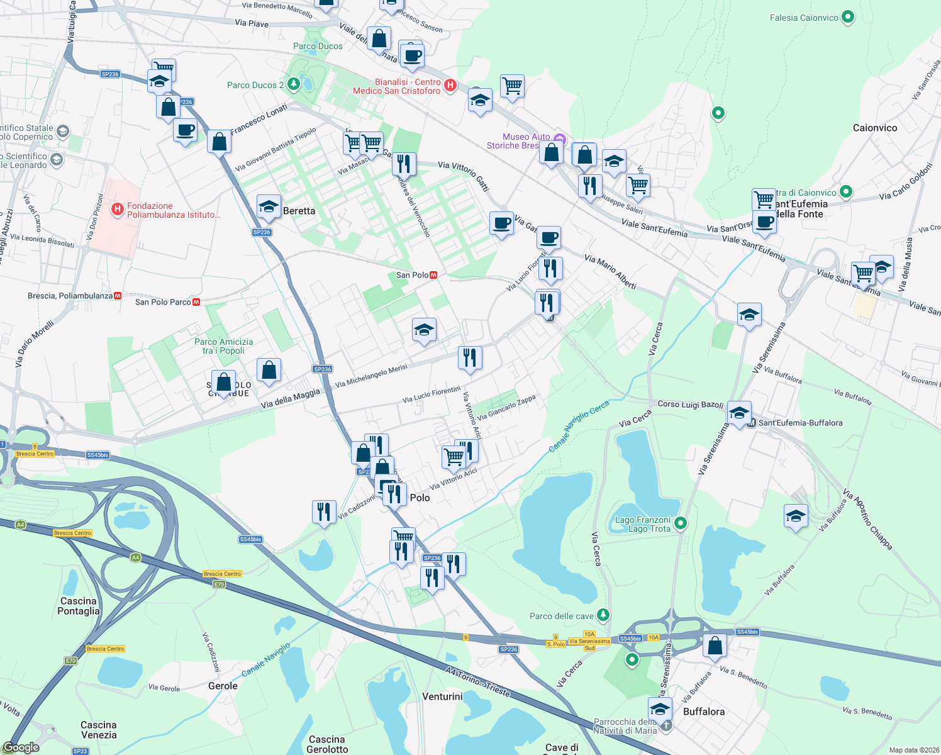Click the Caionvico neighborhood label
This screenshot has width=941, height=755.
click(874, 128)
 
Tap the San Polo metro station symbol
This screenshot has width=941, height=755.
click(433, 275)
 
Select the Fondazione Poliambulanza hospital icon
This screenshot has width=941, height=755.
click(117, 210)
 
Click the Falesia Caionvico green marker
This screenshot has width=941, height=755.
click(847, 18)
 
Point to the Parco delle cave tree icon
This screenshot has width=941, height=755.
click(603, 614)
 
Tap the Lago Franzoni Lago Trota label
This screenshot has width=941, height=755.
click(642, 524)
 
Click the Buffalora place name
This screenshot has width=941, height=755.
click(703, 712)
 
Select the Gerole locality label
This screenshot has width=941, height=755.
click(223, 686)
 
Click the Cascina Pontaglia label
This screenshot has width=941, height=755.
click(79, 606)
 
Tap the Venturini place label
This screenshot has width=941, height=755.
click(442, 696)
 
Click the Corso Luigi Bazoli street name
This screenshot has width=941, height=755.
click(690, 404)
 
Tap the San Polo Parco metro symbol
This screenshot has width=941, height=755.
click(196, 302)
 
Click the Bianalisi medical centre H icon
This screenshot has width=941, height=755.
click(450, 86)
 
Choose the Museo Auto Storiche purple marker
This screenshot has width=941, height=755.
click(560, 139)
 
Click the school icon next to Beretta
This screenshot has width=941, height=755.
click(269, 207)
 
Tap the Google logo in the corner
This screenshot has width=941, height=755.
click(21, 747)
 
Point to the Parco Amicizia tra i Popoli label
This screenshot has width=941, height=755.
click(223, 346)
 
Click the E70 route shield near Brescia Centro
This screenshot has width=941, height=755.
click(219, 584)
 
